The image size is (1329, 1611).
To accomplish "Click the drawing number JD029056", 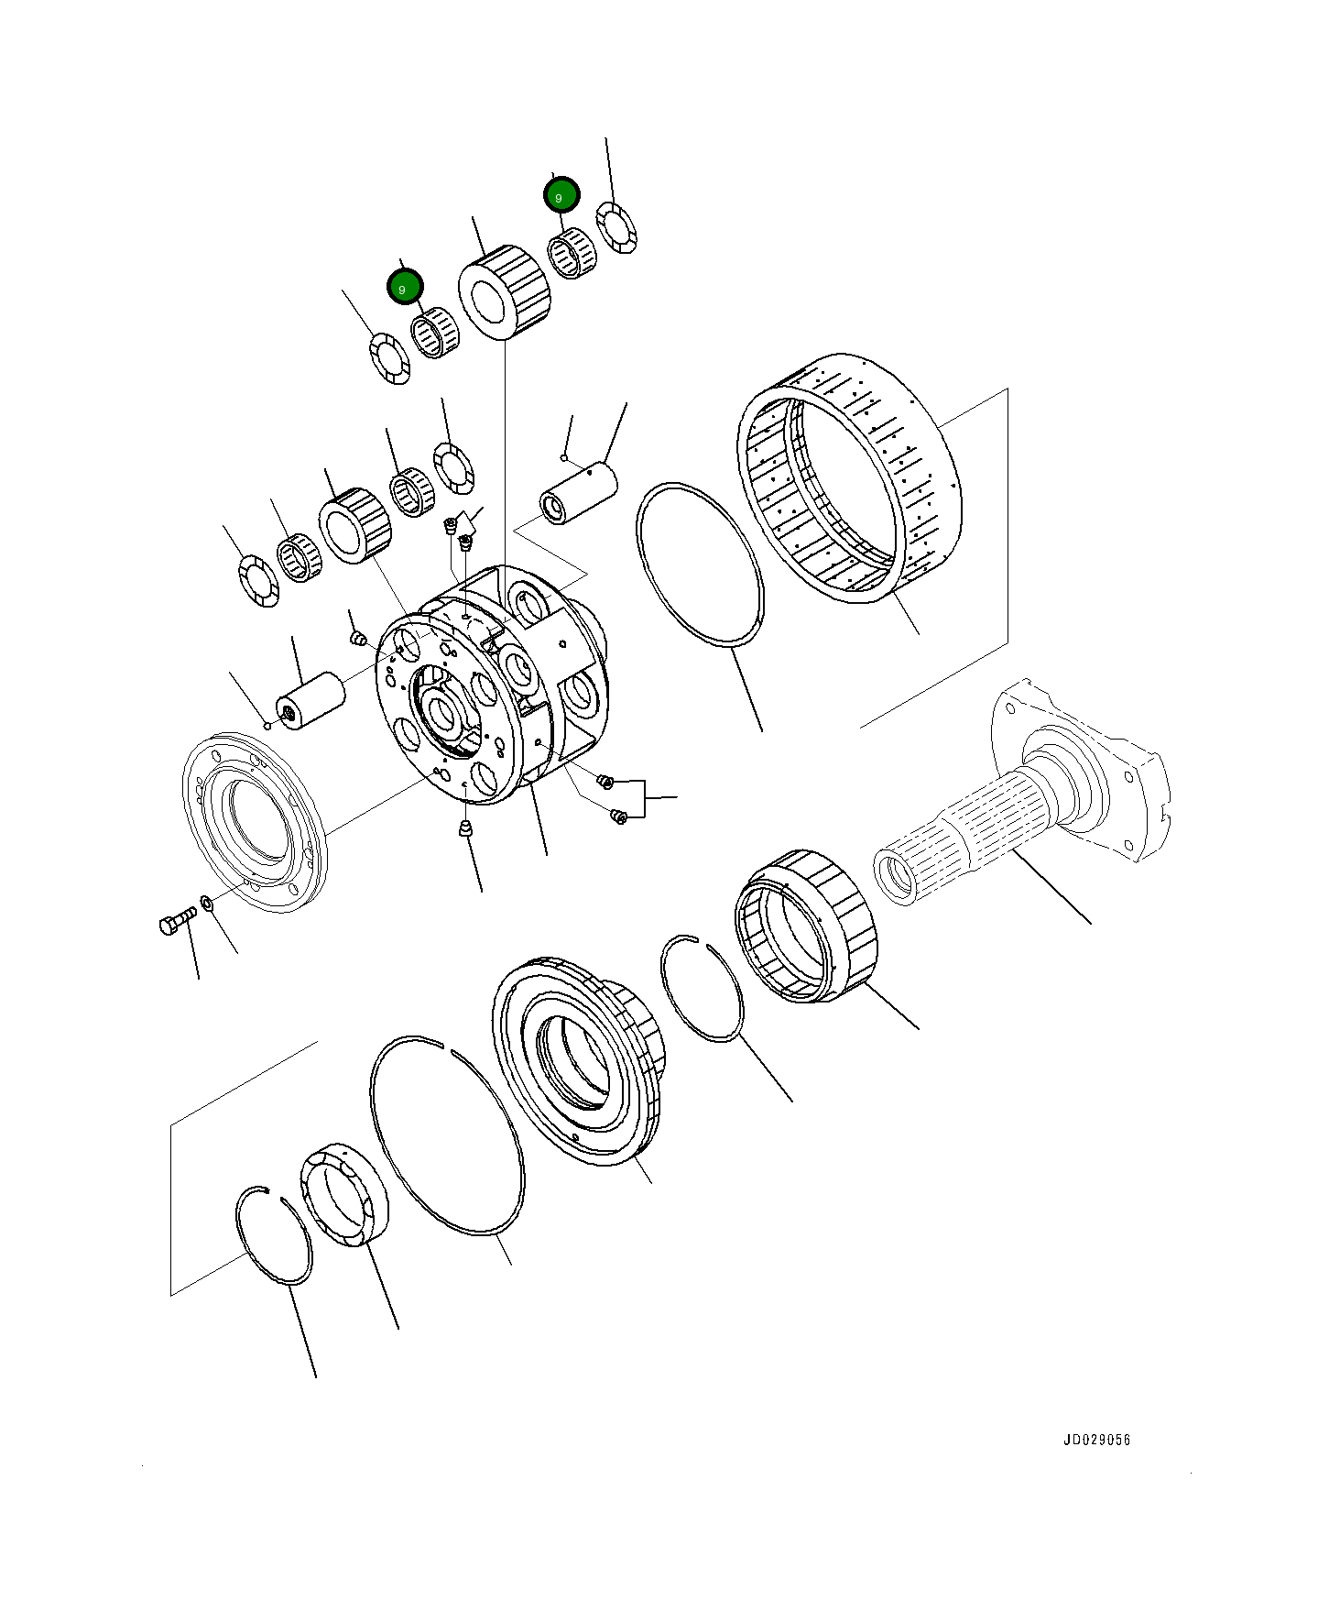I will point(1096,1440).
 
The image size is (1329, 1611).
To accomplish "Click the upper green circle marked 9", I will point(561,195).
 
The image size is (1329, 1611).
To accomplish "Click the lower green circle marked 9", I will point(404,288).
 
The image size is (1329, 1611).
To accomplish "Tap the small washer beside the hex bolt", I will point(208,904).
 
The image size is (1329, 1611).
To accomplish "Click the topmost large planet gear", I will point(506,291).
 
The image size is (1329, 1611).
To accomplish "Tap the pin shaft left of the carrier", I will point(311,702).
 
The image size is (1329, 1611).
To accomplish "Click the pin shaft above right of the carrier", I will point(580,493).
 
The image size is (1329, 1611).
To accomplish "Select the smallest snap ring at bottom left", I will point(274,1236).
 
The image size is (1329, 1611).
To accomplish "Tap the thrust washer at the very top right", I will point(616,227).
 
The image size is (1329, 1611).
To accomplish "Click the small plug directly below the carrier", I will point(466,829).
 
